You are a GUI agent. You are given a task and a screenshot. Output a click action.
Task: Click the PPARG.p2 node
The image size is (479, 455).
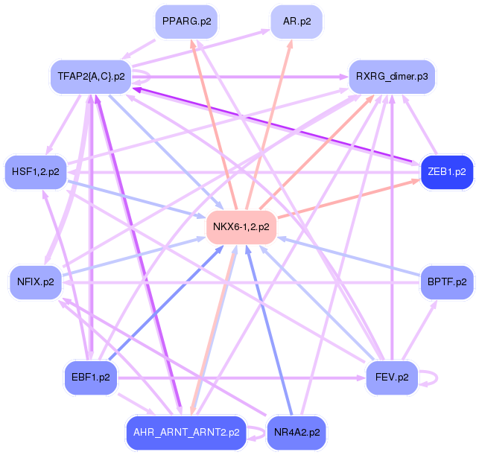pos(186,22)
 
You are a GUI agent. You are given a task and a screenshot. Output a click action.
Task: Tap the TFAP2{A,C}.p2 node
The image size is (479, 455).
pos(91,76)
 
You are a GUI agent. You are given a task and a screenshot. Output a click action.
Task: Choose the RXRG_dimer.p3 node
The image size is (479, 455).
pos(391,76)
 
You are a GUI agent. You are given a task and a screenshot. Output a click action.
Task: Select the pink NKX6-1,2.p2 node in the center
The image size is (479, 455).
pos(241,226)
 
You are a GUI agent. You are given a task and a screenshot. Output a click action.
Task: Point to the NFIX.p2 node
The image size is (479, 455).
pos(36,281)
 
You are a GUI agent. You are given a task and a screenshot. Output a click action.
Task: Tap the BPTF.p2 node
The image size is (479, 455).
pos(447,281)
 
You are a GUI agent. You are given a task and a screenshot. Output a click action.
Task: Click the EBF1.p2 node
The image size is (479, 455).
pos(91,377)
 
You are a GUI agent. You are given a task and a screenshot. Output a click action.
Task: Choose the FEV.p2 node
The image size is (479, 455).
pos(392,377)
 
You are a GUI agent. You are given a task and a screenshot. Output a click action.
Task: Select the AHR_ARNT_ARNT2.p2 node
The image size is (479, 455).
pos(186,432)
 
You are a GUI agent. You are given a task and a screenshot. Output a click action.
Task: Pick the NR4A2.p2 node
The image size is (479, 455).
pos(297,432)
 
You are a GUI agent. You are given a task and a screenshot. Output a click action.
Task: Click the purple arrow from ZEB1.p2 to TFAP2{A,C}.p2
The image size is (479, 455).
pos(276,126)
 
